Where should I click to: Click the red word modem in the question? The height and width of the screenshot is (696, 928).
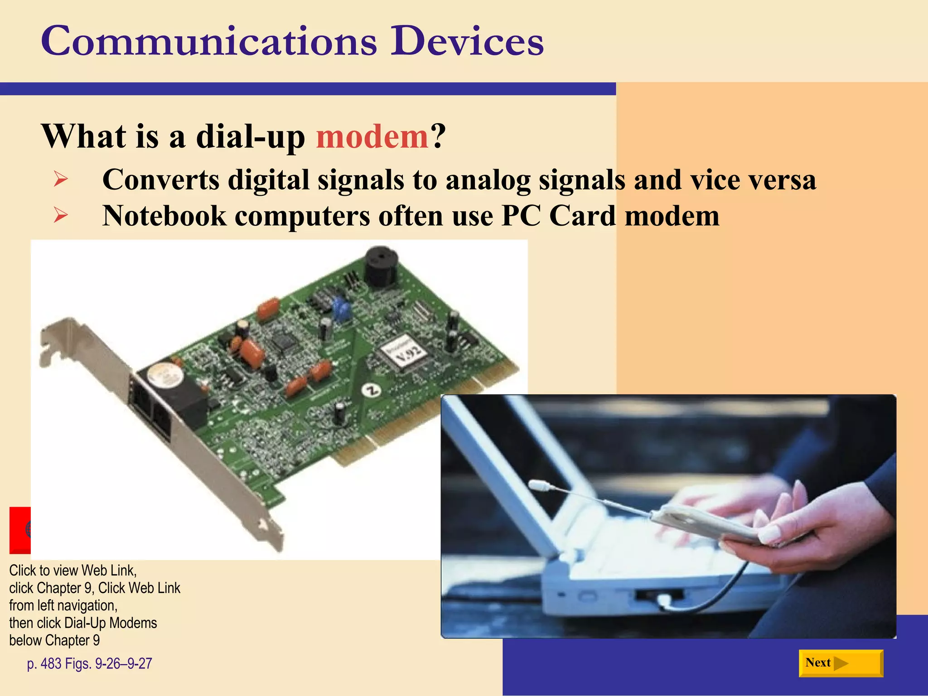372,136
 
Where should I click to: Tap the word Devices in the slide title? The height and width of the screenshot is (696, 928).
467,42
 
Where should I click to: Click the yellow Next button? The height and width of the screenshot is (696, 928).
841,663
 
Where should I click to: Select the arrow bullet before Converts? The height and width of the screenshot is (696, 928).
60,179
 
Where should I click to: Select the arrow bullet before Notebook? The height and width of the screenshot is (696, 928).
60,215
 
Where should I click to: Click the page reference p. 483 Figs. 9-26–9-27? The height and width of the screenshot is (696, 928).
89,663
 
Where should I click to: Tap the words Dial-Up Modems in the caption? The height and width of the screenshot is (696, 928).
111,623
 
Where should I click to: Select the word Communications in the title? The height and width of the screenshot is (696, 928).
209,42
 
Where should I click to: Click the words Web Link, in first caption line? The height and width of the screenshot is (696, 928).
109,570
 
